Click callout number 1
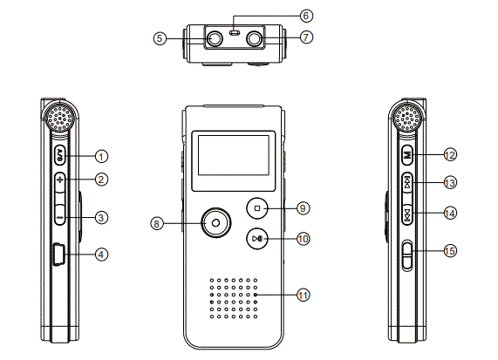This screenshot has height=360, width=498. point(102,156)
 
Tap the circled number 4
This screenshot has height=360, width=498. point(102,255)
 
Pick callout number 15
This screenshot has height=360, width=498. point(450,251)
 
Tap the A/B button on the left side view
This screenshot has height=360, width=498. point(59,155)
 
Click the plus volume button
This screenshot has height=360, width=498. point(59,180)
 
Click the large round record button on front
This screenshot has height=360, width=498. point(214,223)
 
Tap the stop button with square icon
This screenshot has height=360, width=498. point(257,207)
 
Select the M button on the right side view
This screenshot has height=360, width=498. point(407,155)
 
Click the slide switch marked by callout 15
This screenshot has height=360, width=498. point(407,255)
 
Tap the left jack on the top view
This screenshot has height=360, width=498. point(214,38)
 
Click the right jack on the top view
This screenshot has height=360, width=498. point(256,38)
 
